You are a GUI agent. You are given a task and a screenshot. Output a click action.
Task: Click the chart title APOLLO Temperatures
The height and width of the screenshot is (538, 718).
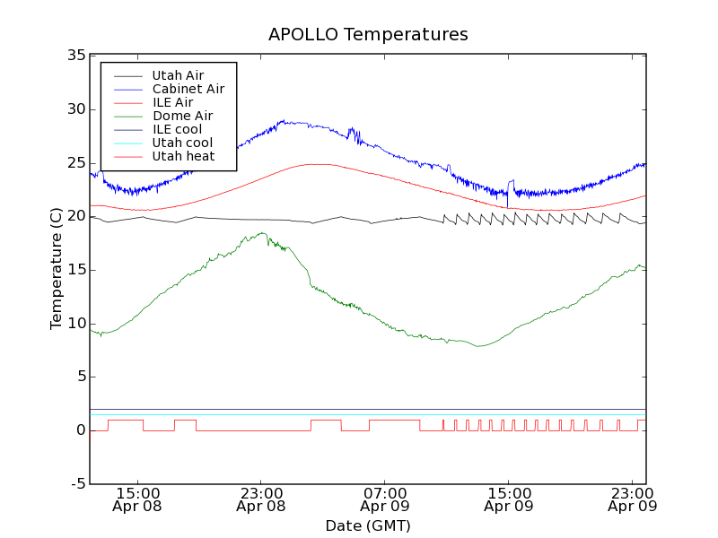pos(368,35)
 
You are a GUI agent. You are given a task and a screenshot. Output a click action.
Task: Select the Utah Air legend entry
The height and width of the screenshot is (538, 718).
pos(178,75)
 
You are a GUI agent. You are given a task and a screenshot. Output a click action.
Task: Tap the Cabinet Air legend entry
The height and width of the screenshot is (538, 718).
pos(188,89)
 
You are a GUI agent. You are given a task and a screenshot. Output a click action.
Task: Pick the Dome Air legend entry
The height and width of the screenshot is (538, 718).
pos(182,116)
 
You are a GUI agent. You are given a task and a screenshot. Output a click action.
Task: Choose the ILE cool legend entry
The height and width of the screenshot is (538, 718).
pos(177,129)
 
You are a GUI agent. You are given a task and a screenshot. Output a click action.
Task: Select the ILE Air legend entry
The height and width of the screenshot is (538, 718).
pos(172,102)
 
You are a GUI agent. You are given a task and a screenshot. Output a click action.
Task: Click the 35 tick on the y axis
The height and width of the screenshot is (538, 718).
pos(75,56)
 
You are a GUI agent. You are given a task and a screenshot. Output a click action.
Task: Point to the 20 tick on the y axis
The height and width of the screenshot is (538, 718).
pos(75,216)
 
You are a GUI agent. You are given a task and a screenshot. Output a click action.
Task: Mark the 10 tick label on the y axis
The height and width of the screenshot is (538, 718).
pos(75,324)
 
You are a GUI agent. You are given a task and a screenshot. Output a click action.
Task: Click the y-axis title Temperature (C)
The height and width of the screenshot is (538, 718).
pos(56,269)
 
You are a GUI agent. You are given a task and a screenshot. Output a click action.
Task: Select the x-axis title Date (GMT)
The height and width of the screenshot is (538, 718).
pos(368,525)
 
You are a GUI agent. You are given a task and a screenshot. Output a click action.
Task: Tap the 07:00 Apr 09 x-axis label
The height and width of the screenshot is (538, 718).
pos(385,499)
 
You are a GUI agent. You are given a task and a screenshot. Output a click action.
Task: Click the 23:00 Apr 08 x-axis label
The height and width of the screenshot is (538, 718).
pos(261,499)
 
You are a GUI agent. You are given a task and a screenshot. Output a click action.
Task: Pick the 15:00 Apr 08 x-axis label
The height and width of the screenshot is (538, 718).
pos(137,499)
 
